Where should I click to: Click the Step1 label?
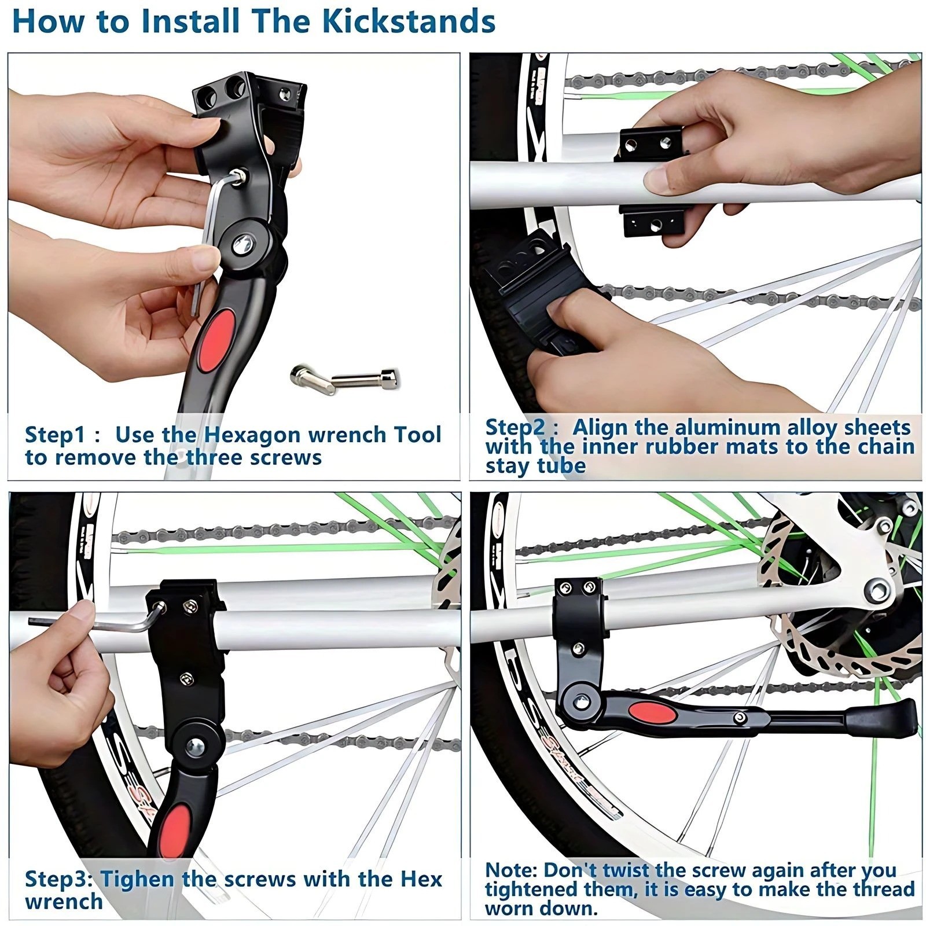(x=56, y=435)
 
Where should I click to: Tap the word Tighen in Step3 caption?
(x=137, y=879)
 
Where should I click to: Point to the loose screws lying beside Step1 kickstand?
(x=345, y=380)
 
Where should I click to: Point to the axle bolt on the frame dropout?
(x=877, y=590)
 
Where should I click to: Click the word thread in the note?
(x=884, y=889)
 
